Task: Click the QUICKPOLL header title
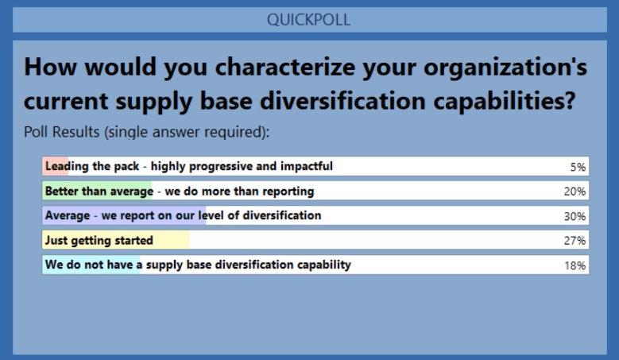point(309,20)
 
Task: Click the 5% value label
point(578,167)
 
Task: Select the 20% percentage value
point(575,192)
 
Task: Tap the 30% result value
point(575,216)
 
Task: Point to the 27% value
point(575,241)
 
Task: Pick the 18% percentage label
point(575,265)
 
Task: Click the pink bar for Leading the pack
point(56,166)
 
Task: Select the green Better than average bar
point(97,191)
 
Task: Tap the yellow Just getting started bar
point(116,240)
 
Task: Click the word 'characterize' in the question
point(285,66)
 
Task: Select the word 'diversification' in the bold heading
point(342,101)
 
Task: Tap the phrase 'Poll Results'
point(62,132)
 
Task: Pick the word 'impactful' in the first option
point(307,166)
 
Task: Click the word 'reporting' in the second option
point(288,192)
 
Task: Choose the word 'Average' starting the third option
point(68,215)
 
